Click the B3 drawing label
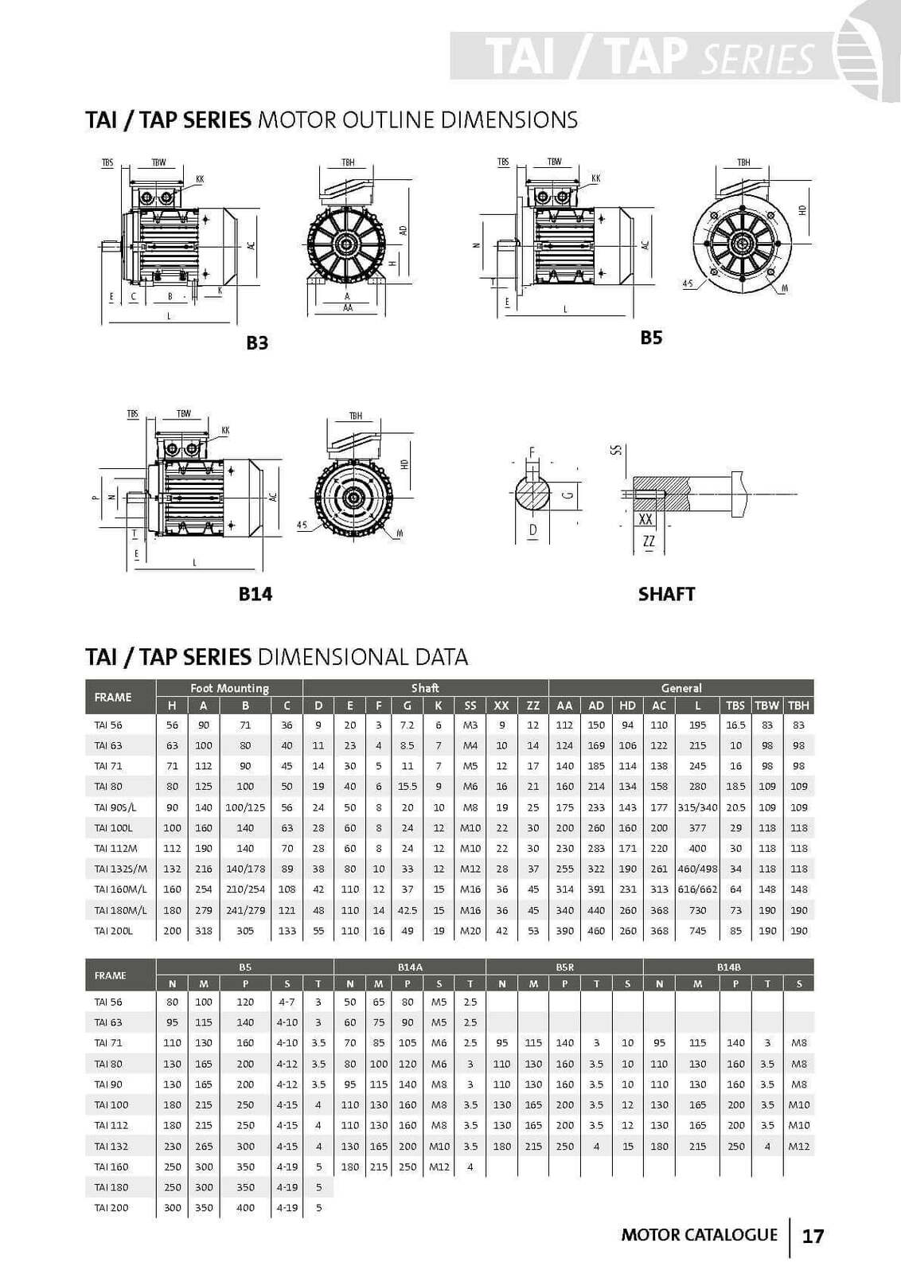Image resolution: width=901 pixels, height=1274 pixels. coord(257,343)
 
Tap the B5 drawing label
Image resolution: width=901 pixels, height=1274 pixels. coord(651,338)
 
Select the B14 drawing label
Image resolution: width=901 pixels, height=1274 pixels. coord(255,594)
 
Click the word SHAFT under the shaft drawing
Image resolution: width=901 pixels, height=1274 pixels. coord(666,594)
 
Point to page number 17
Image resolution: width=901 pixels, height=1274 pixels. coord(813,1236)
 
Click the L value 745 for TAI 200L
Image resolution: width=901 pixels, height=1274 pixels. coord(697,931)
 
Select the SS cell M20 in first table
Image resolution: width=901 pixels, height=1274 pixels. coord(470,931)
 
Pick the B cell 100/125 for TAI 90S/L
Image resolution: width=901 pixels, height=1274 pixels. coord(245,807)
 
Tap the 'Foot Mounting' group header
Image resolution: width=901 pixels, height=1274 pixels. coord(229,688)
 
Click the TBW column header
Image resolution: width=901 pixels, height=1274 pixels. coord(766,705)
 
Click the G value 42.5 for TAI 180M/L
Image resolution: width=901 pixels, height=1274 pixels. coord(408,910)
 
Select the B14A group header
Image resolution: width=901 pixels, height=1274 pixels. coord(410,967)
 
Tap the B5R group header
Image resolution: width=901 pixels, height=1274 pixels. coord(564,967)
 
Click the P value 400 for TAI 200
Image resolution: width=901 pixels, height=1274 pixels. coord(245,1208)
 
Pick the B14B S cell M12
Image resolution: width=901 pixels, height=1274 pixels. coord(798,1147)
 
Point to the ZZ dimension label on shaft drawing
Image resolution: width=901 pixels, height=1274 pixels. coord(649,541)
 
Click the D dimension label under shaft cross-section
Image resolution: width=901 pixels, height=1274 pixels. coord(532,530)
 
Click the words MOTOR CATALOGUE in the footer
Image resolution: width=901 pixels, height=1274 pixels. coord(699,1235)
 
